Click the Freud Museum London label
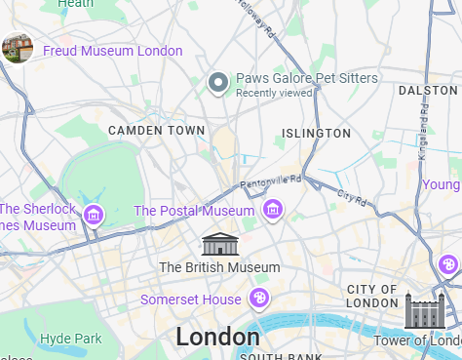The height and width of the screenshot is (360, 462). click(x=112, y=51)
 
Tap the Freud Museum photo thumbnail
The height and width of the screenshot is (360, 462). click(x=18, y=48)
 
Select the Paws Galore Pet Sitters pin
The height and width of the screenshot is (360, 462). click(x=219, y=84)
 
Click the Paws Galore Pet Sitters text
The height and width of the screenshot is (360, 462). click(x=307, y=78)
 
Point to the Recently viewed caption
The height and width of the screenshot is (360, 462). click(x=274, y=93)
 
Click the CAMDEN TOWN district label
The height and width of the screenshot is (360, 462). click(x=157, y=130)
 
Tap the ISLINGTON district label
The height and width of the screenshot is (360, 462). click(x=316, y=133)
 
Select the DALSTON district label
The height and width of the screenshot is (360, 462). click(x=428, y=90)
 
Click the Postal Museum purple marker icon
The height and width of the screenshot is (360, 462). click(x=273, y=210)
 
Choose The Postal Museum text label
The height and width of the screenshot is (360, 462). click(x=193, y=211)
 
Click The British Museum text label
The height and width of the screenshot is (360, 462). click(x=219, y=266)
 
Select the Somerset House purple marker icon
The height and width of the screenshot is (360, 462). click(x=259, y=298)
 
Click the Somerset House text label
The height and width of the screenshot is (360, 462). click(x=190, y=299)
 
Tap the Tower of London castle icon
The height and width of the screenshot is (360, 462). click(x=424, y=311)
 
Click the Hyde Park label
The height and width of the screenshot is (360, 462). click(x=71, y=339)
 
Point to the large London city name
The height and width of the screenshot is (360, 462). click(x=217, y=337)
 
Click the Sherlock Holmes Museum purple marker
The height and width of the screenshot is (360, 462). click(x=94, y=215)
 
